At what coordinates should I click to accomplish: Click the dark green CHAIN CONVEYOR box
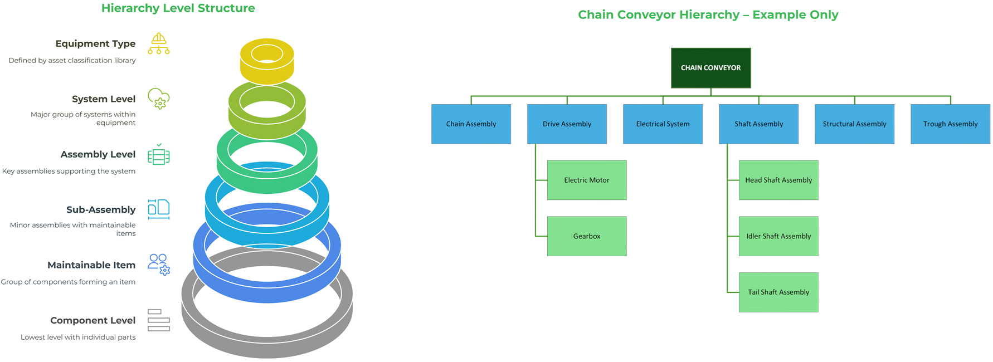point(710,68)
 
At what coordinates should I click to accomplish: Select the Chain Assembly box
point(471,124)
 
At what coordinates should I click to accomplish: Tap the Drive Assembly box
point(567,124)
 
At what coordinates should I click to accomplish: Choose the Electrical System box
point(663,124)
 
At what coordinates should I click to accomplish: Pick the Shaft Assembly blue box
point(758,124)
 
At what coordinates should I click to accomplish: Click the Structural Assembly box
point(854,124)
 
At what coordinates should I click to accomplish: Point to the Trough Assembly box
point(950,124)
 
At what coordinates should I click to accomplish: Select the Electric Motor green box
point(587,180)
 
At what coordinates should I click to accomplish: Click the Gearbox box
point(587,236)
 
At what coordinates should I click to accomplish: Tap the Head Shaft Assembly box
point(778,180)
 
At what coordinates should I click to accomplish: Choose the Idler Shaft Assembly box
point(778,236)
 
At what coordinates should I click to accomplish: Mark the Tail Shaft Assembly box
point(778,292)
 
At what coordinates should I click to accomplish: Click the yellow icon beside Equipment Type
point(159,44)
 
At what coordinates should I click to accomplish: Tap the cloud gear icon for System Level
point(159,99)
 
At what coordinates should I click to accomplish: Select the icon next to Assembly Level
point(159,155)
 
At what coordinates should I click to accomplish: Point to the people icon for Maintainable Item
point(159,265)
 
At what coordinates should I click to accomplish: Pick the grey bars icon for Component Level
point(159,320)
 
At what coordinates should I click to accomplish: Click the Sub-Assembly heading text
point(101,210)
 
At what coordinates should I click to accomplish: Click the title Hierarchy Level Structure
point(178,8)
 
